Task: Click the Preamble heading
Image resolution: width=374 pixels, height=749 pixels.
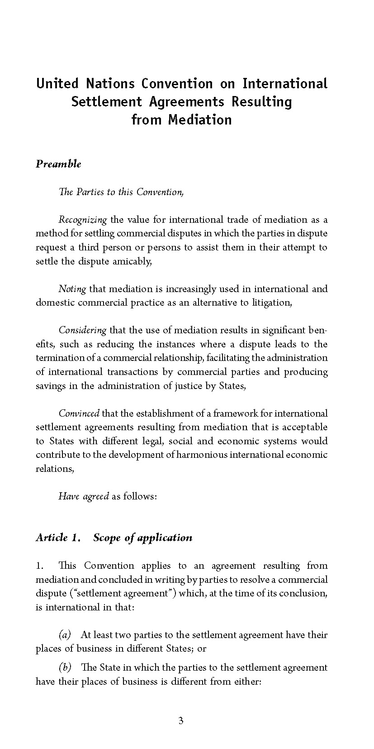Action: pos(58,164)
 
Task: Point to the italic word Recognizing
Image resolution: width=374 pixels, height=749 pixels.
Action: pos(82,220)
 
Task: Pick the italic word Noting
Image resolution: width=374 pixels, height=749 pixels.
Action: pos(72,289)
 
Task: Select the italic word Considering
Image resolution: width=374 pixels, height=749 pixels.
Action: pos(82,330)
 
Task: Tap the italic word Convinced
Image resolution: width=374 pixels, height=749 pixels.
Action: pos(79,413)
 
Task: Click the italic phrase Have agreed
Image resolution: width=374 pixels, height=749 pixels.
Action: pos(84,496)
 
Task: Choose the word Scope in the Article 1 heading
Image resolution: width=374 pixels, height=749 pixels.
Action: pos(107,538)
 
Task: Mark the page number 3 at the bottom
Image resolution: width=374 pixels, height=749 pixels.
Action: pos(181,721)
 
